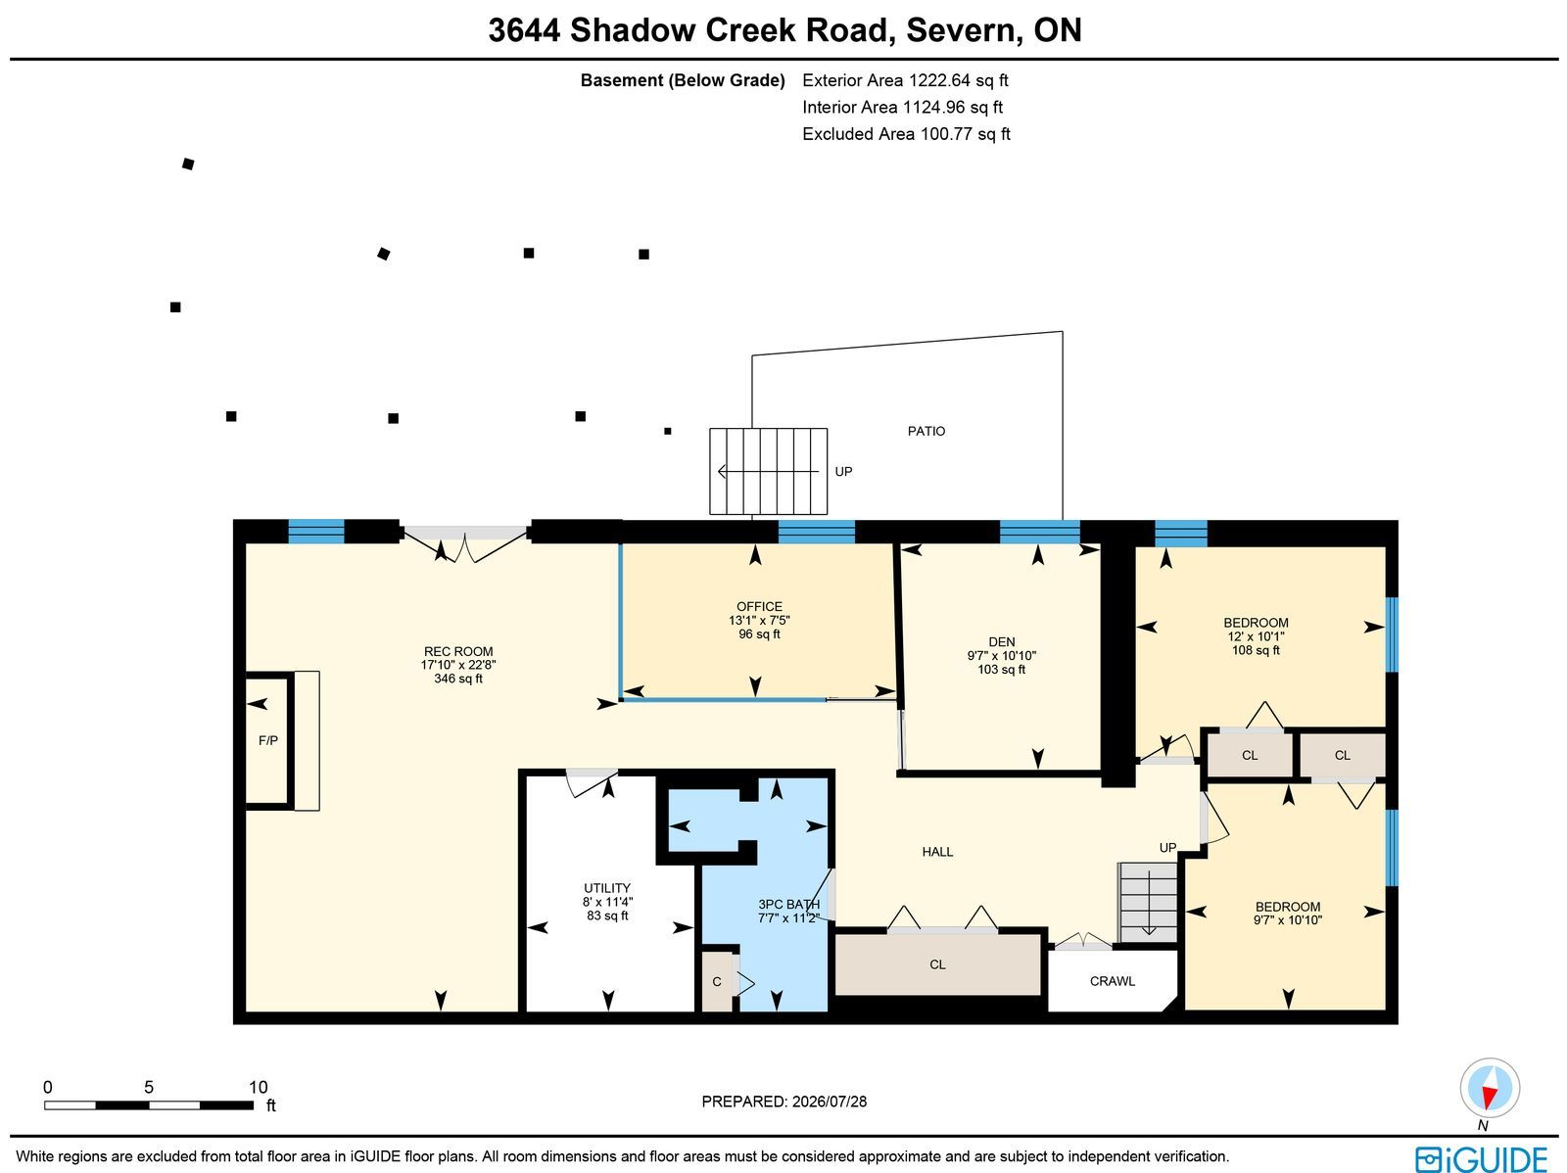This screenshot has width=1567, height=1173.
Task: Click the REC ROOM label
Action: tap(458, 651)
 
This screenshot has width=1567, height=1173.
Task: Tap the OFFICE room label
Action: tap(760, 606)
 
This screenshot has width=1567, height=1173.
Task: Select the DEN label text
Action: tap(1002, 642)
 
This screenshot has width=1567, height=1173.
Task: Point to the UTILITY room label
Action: tap(607, 888)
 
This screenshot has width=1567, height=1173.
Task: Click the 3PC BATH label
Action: tap(788, 905)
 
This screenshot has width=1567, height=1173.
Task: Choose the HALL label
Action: tap(937, 852)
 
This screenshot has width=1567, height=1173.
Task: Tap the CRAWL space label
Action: tap(1113, 981)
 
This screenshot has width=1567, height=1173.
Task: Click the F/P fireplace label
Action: tap(268, 740)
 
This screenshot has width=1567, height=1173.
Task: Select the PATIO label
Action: tap(926, 431)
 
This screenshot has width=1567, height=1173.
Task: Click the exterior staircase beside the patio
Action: tap(768, 471)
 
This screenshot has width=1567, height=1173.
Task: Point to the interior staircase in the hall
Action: tap(1147, 903)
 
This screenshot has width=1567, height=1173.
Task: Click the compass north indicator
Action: tap(1490, 1090)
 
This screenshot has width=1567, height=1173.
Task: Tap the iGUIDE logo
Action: tap(1481, 1159)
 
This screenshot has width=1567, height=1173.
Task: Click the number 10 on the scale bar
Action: tap(258, 1088)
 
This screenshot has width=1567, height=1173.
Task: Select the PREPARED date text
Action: tap(783, 1102)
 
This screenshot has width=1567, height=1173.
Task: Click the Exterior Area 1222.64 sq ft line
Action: tap(905, 80)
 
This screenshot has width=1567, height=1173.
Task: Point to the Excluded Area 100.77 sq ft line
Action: tap(906, 134)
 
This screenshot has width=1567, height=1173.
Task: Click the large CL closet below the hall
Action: tap(937, 964)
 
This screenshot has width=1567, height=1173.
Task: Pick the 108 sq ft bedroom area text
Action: tap(1256, 650)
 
